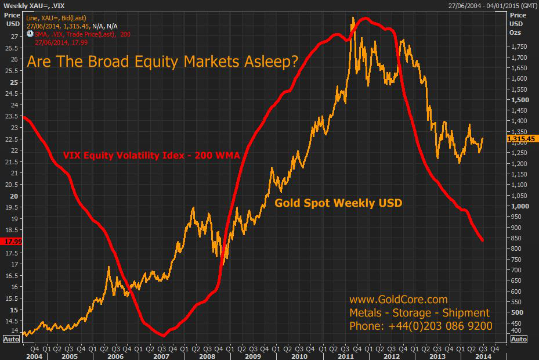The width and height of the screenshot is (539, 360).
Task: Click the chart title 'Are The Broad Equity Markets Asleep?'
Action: (162, 62)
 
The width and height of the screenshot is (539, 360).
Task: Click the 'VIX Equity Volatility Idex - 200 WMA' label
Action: (151, 155)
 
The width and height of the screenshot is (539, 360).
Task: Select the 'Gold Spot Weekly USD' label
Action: (338, 203)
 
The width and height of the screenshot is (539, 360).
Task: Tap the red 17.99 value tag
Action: (12, 241)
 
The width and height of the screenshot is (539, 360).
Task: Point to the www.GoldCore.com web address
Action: (398, 300)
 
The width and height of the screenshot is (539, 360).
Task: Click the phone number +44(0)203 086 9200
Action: (421, 326)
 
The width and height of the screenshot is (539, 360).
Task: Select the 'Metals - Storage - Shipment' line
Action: (419, 313)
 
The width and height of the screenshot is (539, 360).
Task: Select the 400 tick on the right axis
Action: (515, 331)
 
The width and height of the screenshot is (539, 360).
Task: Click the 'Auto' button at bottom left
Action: (11, 339)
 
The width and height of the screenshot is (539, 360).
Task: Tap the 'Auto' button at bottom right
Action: (519, 339)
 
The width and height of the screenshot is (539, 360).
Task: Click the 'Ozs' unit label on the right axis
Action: (515, 33)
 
